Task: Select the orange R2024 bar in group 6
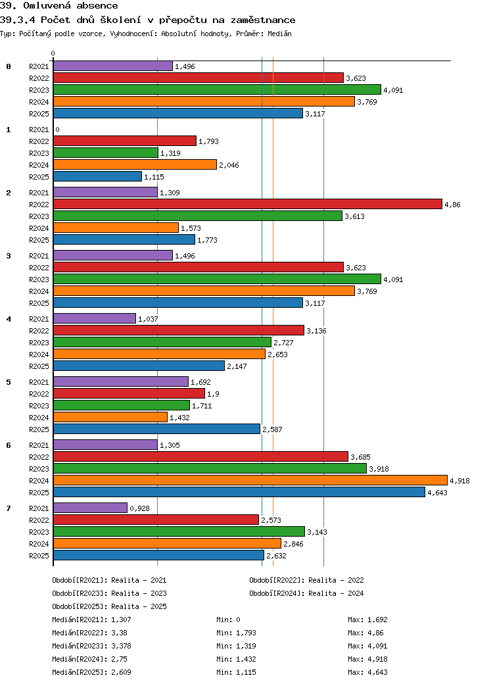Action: (x=250, y=480)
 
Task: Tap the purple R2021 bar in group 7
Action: (x=90, y=508)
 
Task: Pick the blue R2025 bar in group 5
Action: (x=156, y=429)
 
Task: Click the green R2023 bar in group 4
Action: (x=162, y=342)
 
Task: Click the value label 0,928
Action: (x=139, y=508)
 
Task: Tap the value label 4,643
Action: (x=437, y=493)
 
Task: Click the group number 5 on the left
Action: (x=9, y=382)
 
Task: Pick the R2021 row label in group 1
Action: (x=39, y=130)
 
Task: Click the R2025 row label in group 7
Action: (x=39, y=556)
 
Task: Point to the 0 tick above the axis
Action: (x=53, y=54)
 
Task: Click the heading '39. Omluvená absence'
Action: (x=59, y=6)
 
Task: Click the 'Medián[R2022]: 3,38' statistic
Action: (x=89, y=633)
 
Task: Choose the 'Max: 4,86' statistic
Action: (x=367, y=633)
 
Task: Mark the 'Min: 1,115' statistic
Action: (x=236, y=672)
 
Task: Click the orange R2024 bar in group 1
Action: (x=135, y=164)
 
